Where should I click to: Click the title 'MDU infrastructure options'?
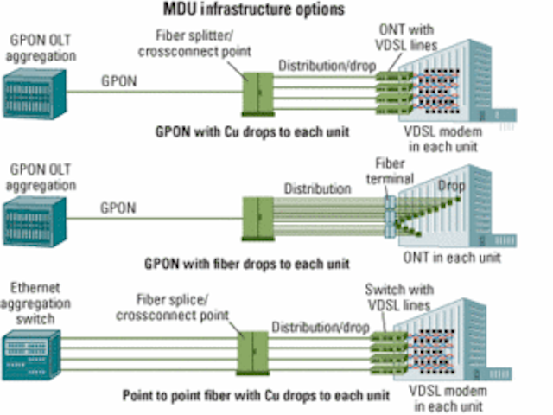point(253,10)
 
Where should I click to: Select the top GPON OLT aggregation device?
point(35,94)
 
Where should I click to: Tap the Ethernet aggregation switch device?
point(31,355)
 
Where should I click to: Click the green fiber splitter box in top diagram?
point(258,94)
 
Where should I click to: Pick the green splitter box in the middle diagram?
point(258,219)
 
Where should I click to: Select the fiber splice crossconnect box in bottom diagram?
point(252,354)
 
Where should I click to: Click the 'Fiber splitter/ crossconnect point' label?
point(194,43)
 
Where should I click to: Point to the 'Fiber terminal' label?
point(390,171)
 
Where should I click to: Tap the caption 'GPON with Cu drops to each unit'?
point(252,132)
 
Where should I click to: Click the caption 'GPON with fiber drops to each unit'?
point(247,264)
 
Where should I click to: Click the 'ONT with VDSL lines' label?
point(406,37)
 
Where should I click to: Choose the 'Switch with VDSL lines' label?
point(399,297)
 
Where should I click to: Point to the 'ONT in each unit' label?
point(452,258)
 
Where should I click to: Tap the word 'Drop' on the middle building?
point(451,186)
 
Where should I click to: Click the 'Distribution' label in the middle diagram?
point(317,188)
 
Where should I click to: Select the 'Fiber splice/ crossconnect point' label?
point(173,308)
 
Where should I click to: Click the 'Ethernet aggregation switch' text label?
point(35,303)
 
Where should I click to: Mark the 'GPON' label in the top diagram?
point(119,81)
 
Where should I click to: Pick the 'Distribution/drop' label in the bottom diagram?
point(321,328)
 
